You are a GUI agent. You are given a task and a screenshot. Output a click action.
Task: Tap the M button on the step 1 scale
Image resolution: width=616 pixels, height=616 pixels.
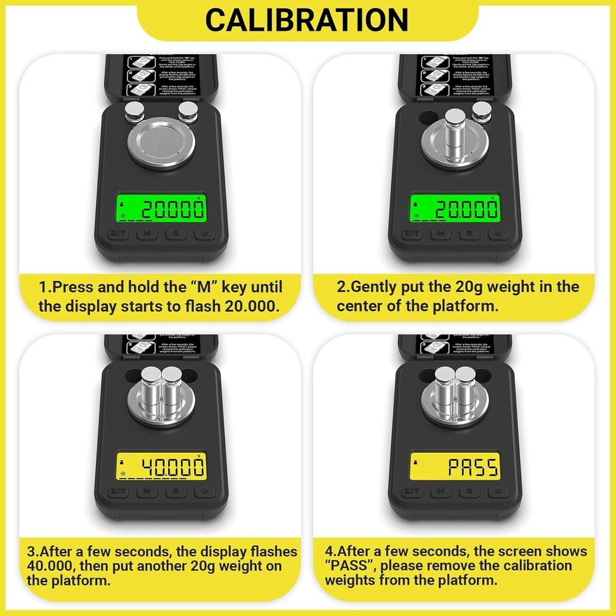[146, 233]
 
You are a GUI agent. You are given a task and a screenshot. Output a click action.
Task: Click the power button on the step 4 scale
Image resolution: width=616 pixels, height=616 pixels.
[498, 492]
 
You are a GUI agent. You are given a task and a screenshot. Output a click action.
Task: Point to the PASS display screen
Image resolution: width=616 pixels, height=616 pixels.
[455, 467]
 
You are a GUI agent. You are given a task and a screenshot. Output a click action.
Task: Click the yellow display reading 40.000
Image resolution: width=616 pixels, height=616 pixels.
[161, 467]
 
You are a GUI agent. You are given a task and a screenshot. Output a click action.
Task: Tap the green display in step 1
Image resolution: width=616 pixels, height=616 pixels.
[161, 209]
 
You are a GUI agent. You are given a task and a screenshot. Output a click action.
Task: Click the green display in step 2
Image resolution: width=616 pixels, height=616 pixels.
[455, 209]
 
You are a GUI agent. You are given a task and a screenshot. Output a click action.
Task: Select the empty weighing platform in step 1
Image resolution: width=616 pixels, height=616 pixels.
[161, 144]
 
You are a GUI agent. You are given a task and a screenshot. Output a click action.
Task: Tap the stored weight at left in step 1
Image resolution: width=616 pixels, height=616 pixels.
[133, 112]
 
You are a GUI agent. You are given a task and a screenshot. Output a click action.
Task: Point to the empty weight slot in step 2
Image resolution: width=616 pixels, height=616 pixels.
[426, 116]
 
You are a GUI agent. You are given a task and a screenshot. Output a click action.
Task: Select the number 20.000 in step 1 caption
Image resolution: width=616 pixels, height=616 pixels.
[246, 306]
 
